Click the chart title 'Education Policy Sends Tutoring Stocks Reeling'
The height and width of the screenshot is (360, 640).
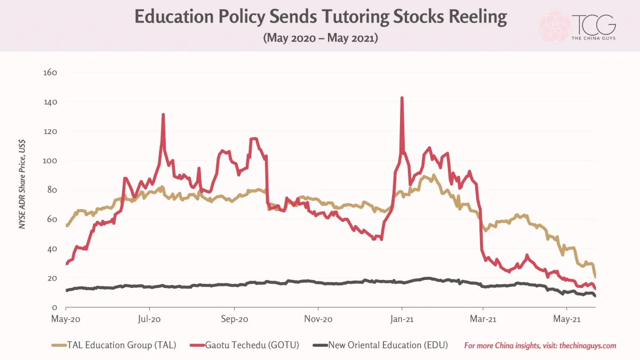coord(321,17)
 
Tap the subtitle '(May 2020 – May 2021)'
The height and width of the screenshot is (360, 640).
coord(321,38)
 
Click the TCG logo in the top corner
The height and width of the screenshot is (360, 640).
coord(578,27)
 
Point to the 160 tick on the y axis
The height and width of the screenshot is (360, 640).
coord(50,73)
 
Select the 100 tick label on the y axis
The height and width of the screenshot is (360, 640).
coord(50,161)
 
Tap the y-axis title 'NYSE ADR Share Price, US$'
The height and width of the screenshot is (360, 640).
coord(22,184)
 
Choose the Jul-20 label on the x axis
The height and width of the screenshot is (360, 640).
coord(149,319)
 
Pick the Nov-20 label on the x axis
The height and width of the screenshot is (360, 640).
coord(318,319)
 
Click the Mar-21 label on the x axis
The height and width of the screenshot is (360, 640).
coord(483,319)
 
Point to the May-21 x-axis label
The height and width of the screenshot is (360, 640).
coord(567,319)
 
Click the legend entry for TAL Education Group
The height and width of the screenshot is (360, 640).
coord(114,345)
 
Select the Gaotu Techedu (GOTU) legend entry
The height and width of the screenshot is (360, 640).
coord(245,345)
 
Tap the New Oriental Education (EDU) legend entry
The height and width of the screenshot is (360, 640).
coord(380,345)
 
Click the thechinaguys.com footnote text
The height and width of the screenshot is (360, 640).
coord(540,346)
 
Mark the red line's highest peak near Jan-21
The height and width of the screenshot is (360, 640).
coord(402,98)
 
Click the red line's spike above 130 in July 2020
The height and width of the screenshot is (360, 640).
coord(163,115)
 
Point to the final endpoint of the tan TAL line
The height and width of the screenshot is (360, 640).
coord(595,277)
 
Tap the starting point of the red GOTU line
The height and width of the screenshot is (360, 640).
coord(67,263)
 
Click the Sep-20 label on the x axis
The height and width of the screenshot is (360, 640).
coord(235,319)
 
